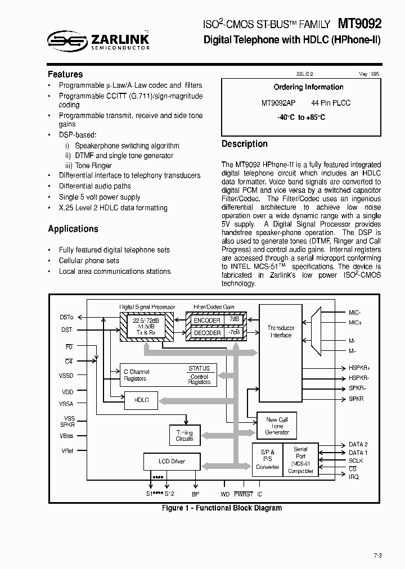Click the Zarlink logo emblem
(66, 40)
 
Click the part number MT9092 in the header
(359, 24)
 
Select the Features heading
(65, 74)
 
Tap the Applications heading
(73, 229)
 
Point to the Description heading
(245, 144)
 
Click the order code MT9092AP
(278, 103)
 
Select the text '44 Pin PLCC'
(331, 103)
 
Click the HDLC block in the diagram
(141, 400)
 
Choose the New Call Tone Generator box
(277, 426)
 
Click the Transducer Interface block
(281, 331)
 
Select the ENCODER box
(207, 320)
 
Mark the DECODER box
(207, 332)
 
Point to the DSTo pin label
(66, 318)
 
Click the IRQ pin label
(354, 477)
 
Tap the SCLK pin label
(356, 460)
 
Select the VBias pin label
(67, 436)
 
